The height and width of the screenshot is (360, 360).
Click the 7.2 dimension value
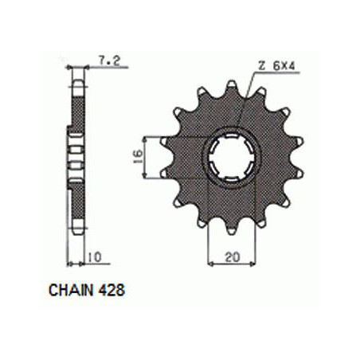point(109,61)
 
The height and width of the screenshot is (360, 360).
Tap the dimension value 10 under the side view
point(94,257)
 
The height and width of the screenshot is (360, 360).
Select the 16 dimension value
point(138,157)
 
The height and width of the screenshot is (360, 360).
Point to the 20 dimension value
point(233,257)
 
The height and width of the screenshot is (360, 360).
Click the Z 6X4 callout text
point(276,66)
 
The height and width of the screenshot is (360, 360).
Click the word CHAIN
point(71,290)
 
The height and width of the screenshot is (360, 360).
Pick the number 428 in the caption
point(112,290)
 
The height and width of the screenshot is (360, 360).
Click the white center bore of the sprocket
point(232,157)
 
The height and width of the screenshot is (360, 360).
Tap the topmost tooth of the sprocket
point(232,85)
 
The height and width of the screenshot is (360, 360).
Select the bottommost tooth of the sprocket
point(232,230)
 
